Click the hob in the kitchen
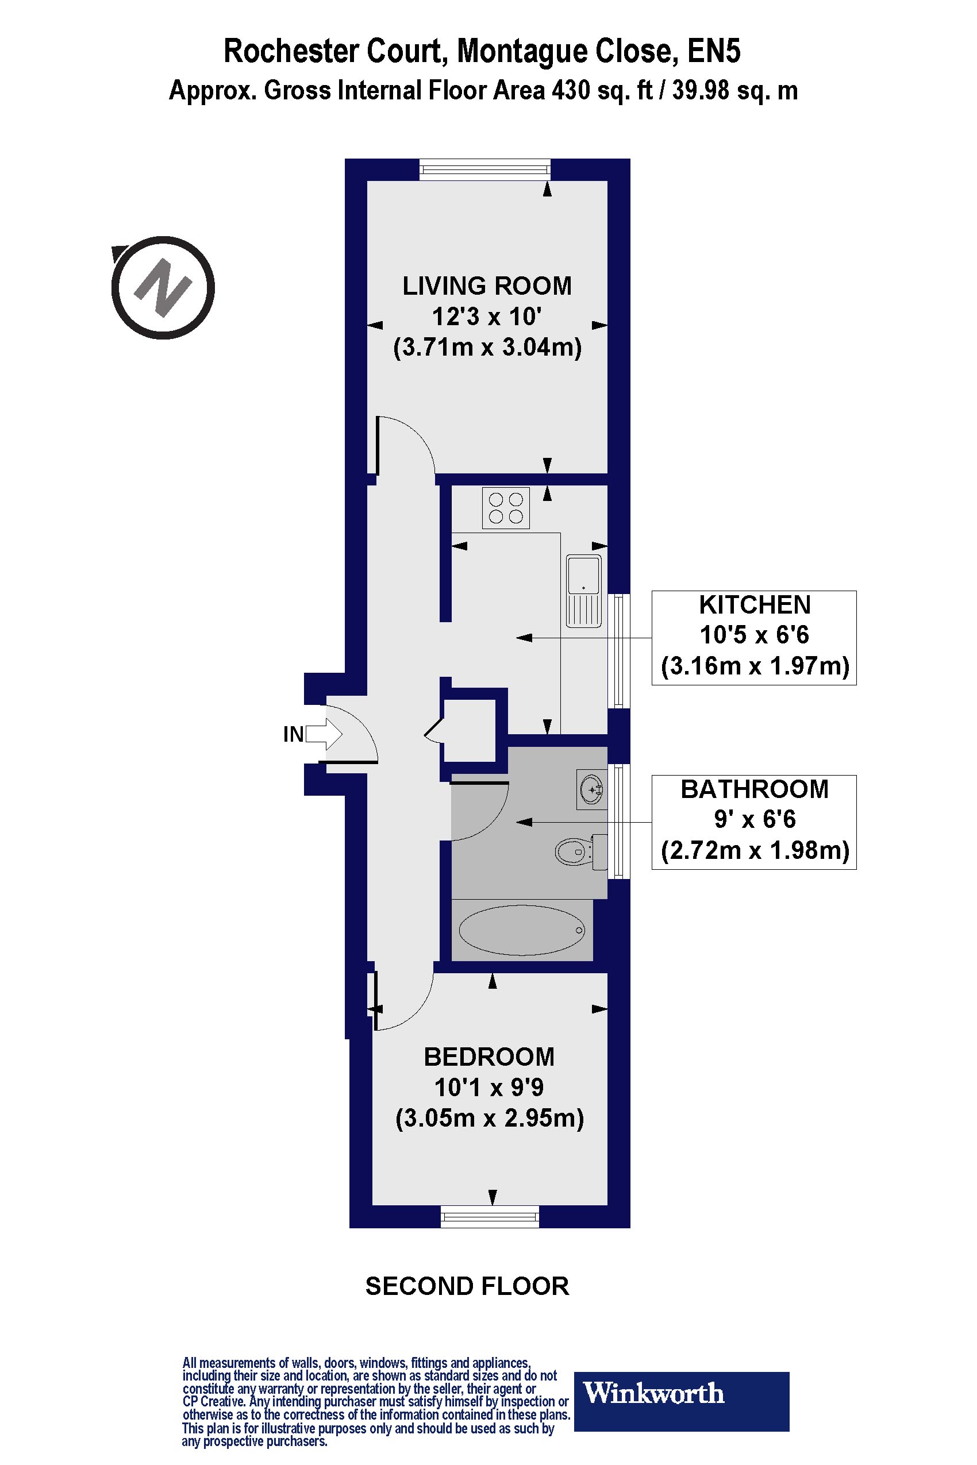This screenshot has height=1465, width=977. tap(505, 508)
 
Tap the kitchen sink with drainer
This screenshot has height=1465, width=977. tap(584, 591)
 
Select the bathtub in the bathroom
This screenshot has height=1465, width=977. tap(521, 930)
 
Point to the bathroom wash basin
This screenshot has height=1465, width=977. tap(591, 791)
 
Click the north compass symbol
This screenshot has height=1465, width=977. tap(163, 288)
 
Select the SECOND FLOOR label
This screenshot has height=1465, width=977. tap(467, 1286)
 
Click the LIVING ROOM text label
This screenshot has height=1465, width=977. tap(487, 286)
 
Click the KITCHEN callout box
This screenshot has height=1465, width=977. tap(754, 637)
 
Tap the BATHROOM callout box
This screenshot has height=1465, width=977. tap(754, 822)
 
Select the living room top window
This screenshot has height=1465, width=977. tap(484, 169)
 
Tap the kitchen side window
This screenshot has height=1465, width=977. tap(619, 650)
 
